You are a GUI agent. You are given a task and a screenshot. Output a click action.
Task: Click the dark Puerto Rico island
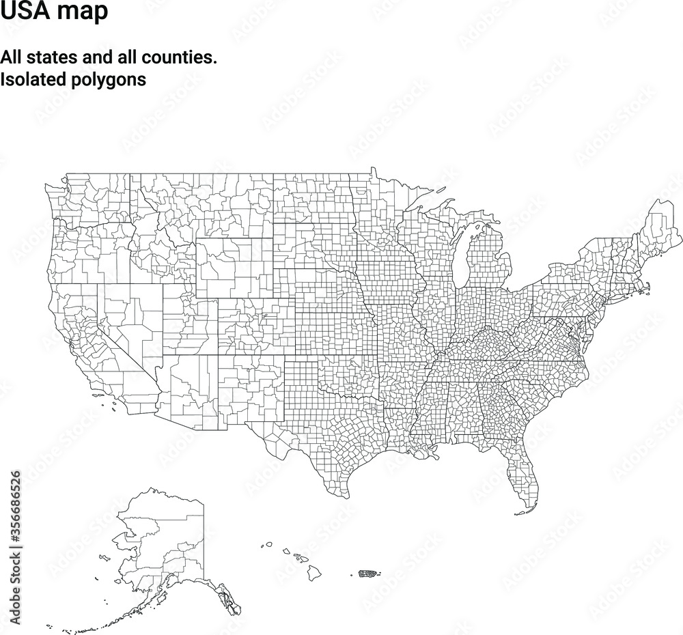tap(369, 573)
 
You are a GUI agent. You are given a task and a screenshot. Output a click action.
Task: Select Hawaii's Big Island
tap(313, 573)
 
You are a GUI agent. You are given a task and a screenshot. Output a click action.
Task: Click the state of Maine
tap(660, 222)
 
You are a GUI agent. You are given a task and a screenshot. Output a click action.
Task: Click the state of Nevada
tap(130, 321)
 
